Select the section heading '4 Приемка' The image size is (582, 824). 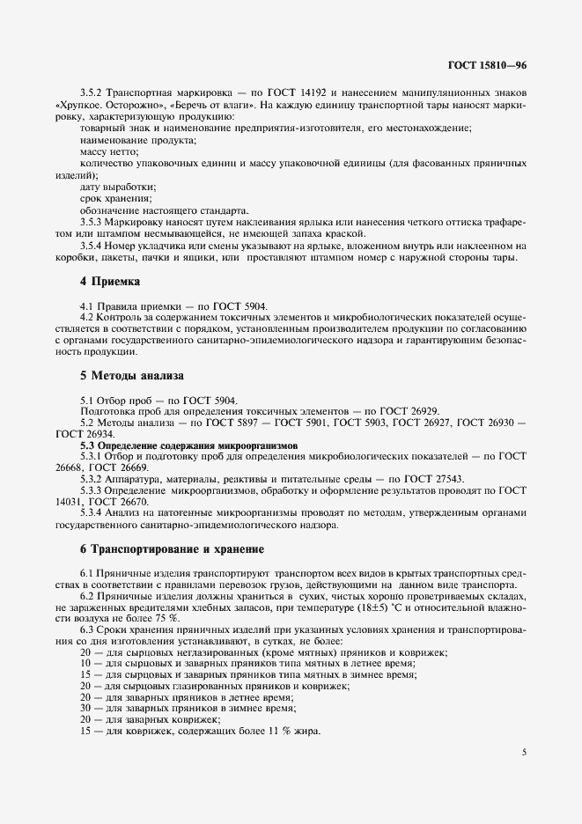(x=109, y=281)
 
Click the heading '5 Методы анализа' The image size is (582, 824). (x=132, y=375)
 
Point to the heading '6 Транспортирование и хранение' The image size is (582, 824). (x=172, y=549)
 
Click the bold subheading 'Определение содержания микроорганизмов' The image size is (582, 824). (x=189, y=446)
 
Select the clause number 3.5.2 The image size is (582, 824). (x=92, y=92)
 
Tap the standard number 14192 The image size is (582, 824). (x=301, y=92)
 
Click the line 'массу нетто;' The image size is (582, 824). (x=107, y=152)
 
